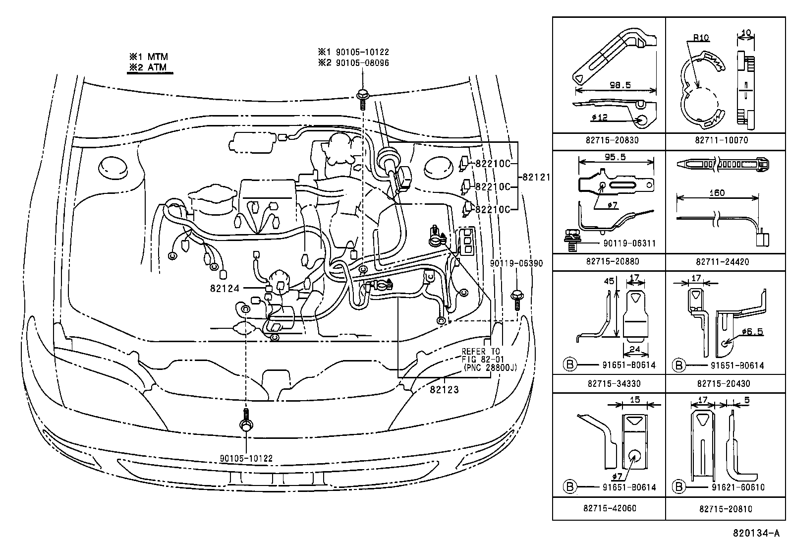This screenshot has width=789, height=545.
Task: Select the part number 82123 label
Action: pyautogui.click(x=444, y=390)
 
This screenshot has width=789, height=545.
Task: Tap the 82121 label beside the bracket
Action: pyautogui.click(x=535, y=177)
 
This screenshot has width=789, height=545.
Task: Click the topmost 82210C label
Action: pyautogui.click(x=493, y=163)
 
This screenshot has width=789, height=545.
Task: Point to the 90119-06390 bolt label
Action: pyautogui.click(x=516, y=263)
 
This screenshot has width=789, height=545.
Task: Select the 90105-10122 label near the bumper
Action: pyautogui.click(x=246, y=459)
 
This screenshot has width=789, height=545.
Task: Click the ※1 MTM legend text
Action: pyautogui.click(x=149, y=57)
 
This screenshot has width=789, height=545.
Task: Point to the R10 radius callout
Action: pyautogui.click(x=700, y=37)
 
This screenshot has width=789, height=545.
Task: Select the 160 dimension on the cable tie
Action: pyautogui.click(x=717, y=192)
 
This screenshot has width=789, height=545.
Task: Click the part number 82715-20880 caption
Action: pyautogui.click(x=609, y=261)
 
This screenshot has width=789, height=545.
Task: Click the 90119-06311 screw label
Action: pyautogui.click(x=629, y=243)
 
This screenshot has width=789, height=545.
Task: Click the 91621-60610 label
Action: pyautogui.click(x=737, y=487)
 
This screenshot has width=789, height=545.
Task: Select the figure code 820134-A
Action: pyautogui.click(x=758, y=534)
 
